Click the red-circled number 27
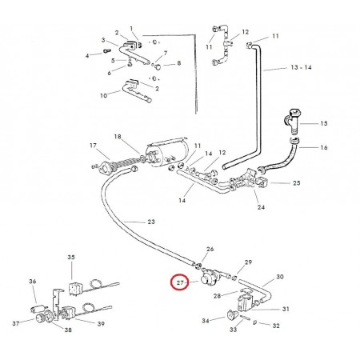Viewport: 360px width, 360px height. pos(180,282)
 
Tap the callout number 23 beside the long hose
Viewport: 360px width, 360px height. pos(151,222)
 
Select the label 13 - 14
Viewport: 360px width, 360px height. pos(301,67)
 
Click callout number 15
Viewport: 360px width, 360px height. pos(324,123)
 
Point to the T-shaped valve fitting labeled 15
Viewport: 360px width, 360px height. pos(292,121)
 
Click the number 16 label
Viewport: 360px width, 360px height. pos(324,147)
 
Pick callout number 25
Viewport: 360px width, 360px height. pos(297,183)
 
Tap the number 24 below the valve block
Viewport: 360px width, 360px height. pos(261,207)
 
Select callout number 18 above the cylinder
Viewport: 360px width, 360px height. pos(118,137)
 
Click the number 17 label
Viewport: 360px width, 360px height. pos(93,146)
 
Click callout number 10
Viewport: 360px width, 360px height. pos(103,95)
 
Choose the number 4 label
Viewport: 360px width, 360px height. pos(87,56)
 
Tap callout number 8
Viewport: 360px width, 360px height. pos(179,63)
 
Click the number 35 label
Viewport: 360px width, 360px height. pos(71,258)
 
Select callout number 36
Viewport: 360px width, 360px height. pos(33,282)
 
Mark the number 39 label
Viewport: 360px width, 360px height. pos(101,324)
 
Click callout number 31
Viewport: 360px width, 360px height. pos(286,309)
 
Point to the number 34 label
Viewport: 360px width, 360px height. pos(206,321)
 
